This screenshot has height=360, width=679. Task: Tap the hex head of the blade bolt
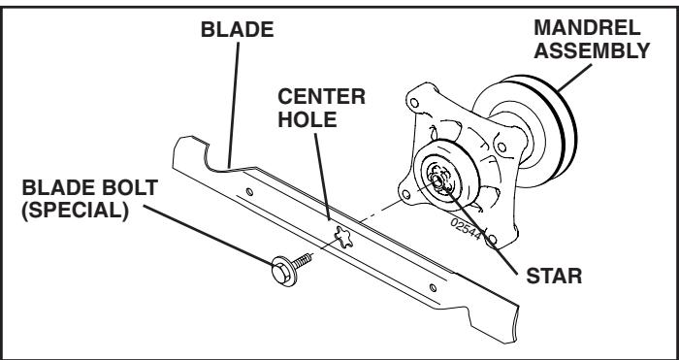[274, 267]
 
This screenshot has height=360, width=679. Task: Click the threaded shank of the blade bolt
[298, 255]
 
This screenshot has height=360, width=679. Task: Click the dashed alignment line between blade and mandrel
[381, 211]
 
